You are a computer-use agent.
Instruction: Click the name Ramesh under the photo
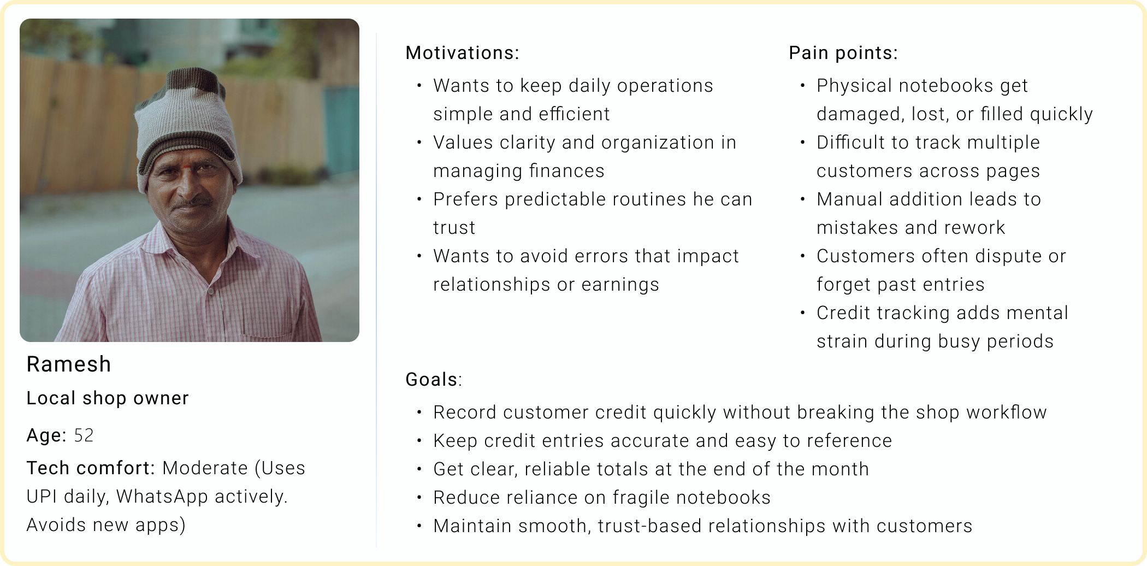[69, 364]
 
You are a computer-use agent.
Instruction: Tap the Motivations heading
[463, 53]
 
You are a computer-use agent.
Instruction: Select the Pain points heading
[843, 53]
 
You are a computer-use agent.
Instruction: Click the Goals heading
[434, 380]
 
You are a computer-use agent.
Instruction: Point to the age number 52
[84, 435]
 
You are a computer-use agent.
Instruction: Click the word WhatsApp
[162, 497]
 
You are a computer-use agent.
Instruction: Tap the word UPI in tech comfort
[42, 497]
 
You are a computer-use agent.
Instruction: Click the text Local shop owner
[108, 398]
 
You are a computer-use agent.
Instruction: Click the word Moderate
[205, 468]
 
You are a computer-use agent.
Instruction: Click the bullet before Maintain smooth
[419, 526]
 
